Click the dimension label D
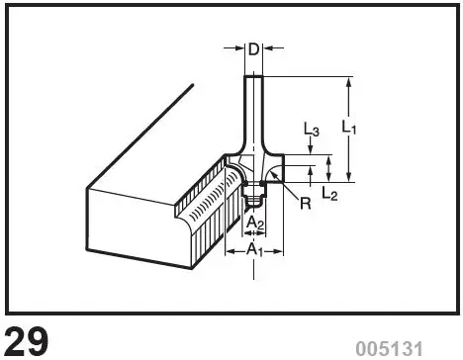tap(253, 49)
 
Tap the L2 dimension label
tap(329, 195)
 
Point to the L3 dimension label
tap(311, 130)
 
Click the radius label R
tap(305, 204)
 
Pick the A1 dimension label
tap(254, 250)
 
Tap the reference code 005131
tap(389, 347)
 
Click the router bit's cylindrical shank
tap(254, 109)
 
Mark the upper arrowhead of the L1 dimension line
tap(348, 81)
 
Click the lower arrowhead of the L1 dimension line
tap(348, 176)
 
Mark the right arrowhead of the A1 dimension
tap(280, 250)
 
